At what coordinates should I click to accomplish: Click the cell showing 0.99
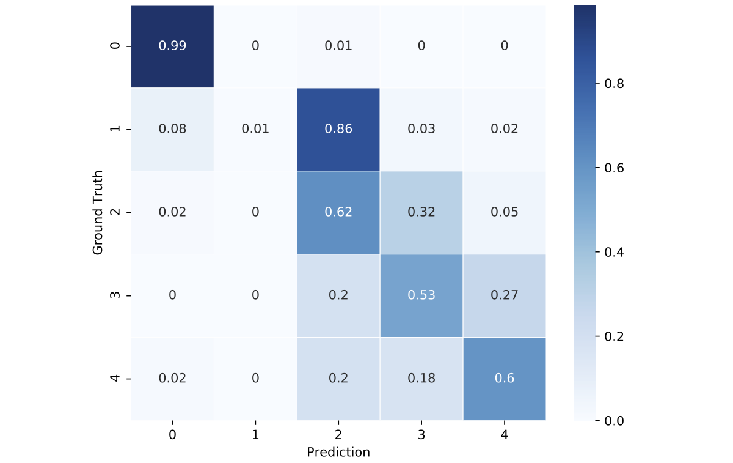172,46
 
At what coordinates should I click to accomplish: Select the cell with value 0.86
338,129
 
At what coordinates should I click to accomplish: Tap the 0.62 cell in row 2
338,212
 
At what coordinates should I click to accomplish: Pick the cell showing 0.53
421,295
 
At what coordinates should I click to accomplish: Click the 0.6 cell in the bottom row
505,379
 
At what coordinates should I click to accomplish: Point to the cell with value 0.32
421,212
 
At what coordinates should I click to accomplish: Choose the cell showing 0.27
505,295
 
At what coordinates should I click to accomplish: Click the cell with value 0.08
172,129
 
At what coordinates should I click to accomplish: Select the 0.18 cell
421,379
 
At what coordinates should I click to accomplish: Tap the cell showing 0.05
505,212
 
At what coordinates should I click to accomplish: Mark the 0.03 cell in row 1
421,129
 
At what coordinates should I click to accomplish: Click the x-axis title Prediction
338,453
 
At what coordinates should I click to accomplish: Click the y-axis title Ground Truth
98,212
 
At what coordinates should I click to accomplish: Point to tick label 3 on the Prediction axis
421,435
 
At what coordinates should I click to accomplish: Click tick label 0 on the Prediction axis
172,435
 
